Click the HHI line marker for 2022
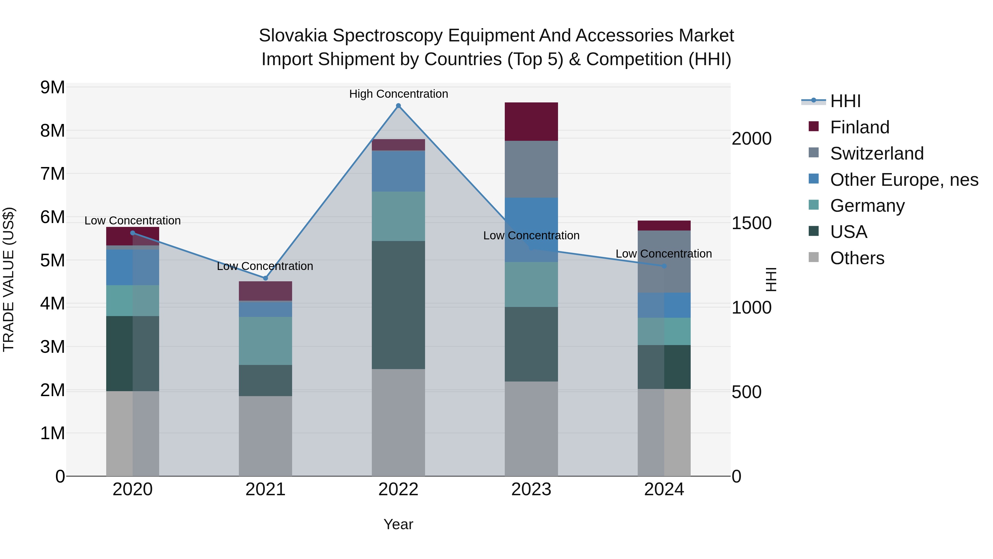(x=398, y=106)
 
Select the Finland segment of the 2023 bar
(x=531, y=121)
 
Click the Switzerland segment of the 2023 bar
(x=531, y=169)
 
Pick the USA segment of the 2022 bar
(x=398, y=305)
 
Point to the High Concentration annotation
(x=398, y=94)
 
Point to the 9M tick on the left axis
(x=52, y=88)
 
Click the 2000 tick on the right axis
(x=751, y=139)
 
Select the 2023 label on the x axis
(x=531, y=489)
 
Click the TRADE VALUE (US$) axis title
(x=9, y=279)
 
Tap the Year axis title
(x=398, y=524)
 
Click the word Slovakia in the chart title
(x=293, y=36)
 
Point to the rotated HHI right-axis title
(x=771, y=279)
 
